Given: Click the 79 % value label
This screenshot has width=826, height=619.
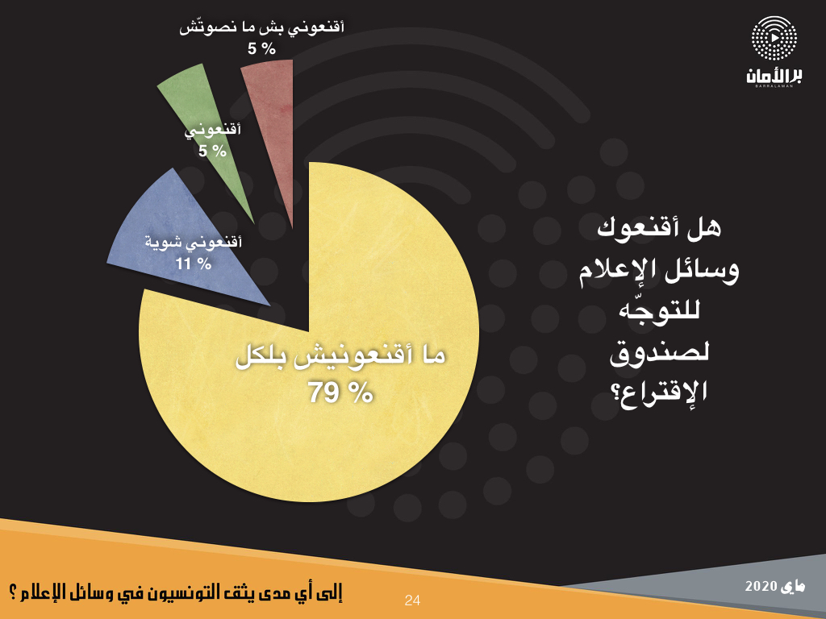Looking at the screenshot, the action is pos(341,393).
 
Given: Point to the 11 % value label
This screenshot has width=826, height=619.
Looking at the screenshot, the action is pos(194,264).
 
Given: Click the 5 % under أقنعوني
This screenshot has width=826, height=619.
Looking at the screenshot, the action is pos(212,151).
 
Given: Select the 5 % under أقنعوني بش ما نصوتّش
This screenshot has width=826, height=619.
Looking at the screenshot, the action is pos(262,49).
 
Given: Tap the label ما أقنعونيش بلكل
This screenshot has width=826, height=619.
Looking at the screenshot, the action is pos(341,357).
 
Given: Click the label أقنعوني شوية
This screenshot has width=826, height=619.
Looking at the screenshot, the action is pos(194,243).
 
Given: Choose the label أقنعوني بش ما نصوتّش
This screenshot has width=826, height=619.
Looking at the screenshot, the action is pos(262,27).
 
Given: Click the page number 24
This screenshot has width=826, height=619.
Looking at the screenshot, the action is pos(412,600).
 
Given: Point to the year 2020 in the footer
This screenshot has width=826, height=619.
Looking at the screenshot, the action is pos(761,587).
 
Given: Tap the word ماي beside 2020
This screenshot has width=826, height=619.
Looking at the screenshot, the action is pos(793,587).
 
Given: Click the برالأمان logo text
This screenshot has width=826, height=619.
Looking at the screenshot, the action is pos(774,76).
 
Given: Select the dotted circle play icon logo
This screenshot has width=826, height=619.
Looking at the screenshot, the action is pos(774,38).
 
